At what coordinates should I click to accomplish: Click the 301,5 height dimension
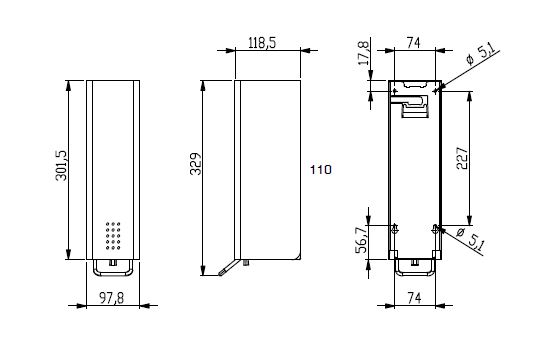[x=62, y=166]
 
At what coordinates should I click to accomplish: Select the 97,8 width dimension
[x=111, y=298]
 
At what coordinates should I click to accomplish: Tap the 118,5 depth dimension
[x=262, y=43]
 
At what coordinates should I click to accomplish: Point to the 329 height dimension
[x=196, y=164]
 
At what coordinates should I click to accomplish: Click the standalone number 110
[x=321, y=170]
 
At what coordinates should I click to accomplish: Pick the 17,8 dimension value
[x=363, y=53]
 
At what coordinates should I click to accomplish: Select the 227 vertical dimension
[x=462, y=158]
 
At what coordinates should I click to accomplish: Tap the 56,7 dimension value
[x=362, y=240]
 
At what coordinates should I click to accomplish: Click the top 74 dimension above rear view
[x=414, y=43]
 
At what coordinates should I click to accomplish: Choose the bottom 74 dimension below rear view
[x=414, y=298]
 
